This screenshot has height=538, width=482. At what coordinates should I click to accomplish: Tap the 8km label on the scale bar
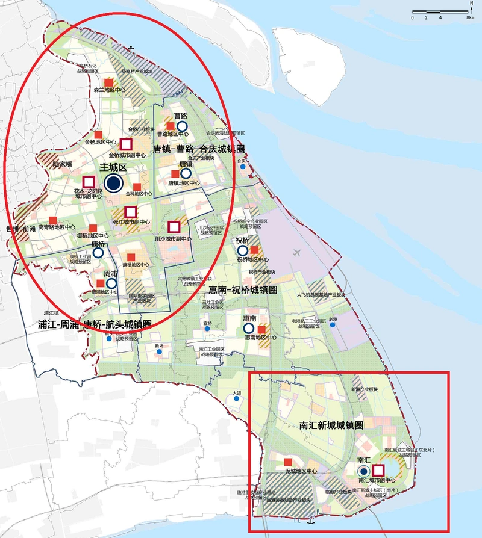click(x=471, y=17)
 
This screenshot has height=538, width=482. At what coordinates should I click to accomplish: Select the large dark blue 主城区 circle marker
click(x=113, y=184)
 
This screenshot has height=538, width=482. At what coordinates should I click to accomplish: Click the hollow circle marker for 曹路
click(x=181, y=126)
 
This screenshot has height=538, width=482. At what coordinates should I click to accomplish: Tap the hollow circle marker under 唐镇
click(x=186, y=173)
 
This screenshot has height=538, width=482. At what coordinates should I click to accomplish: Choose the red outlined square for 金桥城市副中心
click(x=126, y=144)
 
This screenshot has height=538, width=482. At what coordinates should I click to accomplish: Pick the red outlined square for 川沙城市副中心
click(x=174, y=227)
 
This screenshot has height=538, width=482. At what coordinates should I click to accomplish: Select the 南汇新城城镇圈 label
click(x=331, y=425)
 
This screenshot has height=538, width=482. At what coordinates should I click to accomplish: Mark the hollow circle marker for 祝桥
click(x=243, y=250)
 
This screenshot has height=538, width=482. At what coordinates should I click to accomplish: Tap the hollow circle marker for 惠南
click(x=249, y=328)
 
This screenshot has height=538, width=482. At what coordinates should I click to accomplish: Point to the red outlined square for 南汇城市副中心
click(x=378, y=471)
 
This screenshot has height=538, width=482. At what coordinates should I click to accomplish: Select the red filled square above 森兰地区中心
click(x=108, y=82)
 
